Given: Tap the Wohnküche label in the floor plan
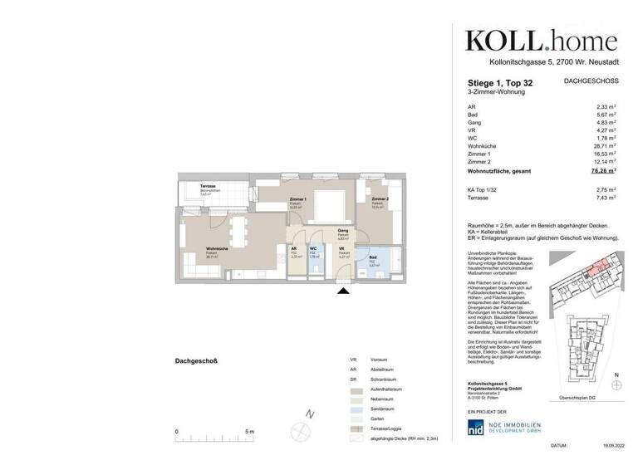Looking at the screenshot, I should click(195, 248).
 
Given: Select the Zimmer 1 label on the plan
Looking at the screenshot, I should click(299, 200).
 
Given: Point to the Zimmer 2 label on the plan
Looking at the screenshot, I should click(380, 200).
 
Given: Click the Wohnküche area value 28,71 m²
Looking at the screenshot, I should click(601, 146).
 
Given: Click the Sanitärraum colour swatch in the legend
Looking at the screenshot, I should click(355, 409).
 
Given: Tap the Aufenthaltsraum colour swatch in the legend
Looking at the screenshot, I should click(355, 387).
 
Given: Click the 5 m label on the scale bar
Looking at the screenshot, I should click(250, 432).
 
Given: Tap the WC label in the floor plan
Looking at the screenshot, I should click(313, 248).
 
